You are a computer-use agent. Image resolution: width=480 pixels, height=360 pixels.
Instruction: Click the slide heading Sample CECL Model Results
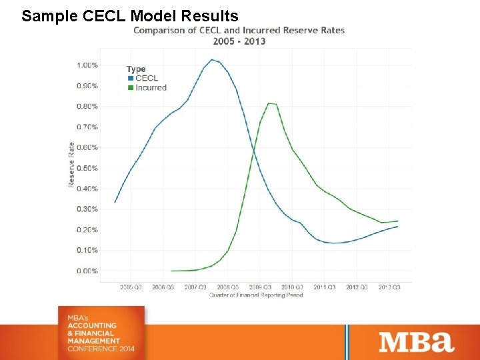(130, 15)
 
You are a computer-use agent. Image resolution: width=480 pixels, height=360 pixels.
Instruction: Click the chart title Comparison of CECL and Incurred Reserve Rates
(239, 31)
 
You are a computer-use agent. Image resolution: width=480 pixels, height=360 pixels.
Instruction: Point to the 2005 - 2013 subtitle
(239, 41)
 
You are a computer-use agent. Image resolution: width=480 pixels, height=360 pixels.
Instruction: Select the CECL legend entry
(146, 78)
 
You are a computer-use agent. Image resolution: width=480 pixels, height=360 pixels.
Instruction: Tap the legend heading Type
(136, 69)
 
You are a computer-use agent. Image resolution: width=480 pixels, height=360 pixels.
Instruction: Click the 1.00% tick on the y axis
(87, 65)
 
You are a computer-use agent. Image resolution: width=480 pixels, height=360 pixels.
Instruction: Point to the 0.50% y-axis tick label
(87, 168)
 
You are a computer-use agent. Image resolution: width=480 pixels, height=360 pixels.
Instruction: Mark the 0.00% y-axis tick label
(87, 271)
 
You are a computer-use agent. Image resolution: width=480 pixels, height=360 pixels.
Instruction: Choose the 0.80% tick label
(87, 107)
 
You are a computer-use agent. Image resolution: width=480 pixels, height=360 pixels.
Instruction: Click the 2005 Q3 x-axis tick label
(131, 287)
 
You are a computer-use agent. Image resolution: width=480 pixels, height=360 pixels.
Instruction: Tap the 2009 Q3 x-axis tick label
(260, 287)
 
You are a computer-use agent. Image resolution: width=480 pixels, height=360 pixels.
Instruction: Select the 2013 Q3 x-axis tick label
(389, 287)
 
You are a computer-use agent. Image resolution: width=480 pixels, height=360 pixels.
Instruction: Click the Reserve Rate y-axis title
(71, 165)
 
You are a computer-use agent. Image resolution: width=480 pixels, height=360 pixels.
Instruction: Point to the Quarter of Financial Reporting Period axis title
(256, 295)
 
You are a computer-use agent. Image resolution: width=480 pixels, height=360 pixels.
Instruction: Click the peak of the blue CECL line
(212, 60)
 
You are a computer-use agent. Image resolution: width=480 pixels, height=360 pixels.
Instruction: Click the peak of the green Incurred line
(269, 103)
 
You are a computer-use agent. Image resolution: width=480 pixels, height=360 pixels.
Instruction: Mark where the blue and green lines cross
(254, 153)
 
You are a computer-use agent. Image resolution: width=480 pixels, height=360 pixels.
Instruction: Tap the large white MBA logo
(417, 342)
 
